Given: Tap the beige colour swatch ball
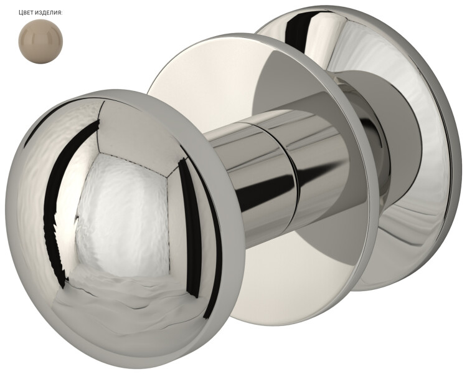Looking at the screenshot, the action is [40, 41].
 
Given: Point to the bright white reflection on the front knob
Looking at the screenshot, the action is [122, 214].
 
